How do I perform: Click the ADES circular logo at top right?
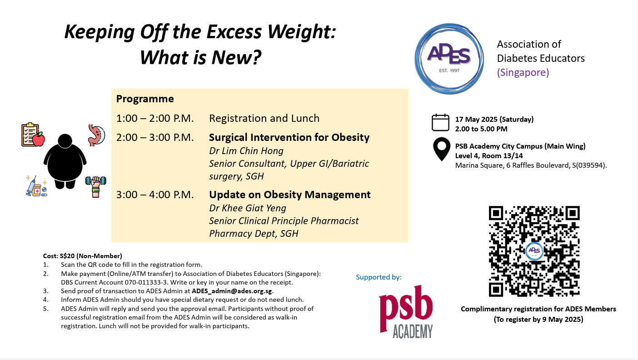click(x=449, y=59)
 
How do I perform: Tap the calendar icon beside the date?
click(x=440, y=123)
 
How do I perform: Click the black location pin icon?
click(x=442, y=149)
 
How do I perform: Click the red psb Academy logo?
click(x=406, y=312)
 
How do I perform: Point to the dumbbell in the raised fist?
click(x=96, y=180)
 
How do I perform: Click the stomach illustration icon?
click(x=96, y=135)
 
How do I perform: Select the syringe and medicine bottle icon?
click(x=36, y=186)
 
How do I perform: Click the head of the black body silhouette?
click(x=65, y=141)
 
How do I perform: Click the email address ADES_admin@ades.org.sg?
click(x=232, y=291)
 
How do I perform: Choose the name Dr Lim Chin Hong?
click(x=246, y=150)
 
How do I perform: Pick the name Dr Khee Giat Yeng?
click(x=248, y=208)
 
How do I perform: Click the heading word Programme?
click(x=145, y=99)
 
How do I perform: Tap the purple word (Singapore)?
click(x=523, y=72)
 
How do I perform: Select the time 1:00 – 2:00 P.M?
click(x=155, y=118)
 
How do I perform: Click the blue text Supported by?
click(x=379, y=277)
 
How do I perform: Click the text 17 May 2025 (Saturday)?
click(x=494, y=120)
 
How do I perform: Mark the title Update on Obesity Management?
click(x=290, y=195)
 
